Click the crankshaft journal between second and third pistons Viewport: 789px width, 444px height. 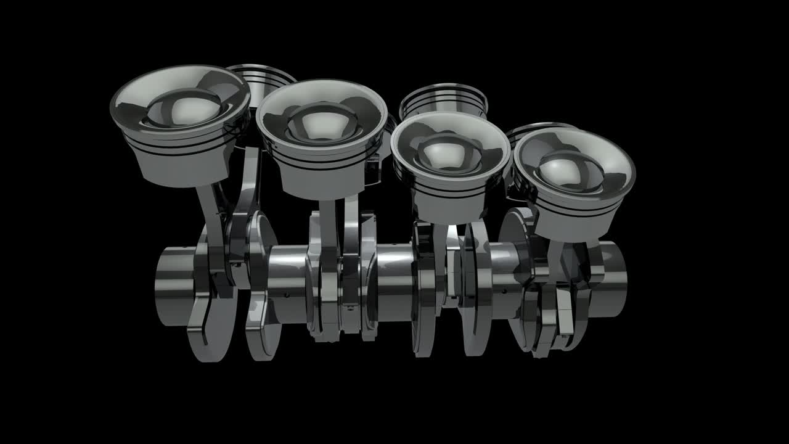click(x=394, y=281)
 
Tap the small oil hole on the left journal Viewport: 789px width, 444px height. click(x=287, y=295)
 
